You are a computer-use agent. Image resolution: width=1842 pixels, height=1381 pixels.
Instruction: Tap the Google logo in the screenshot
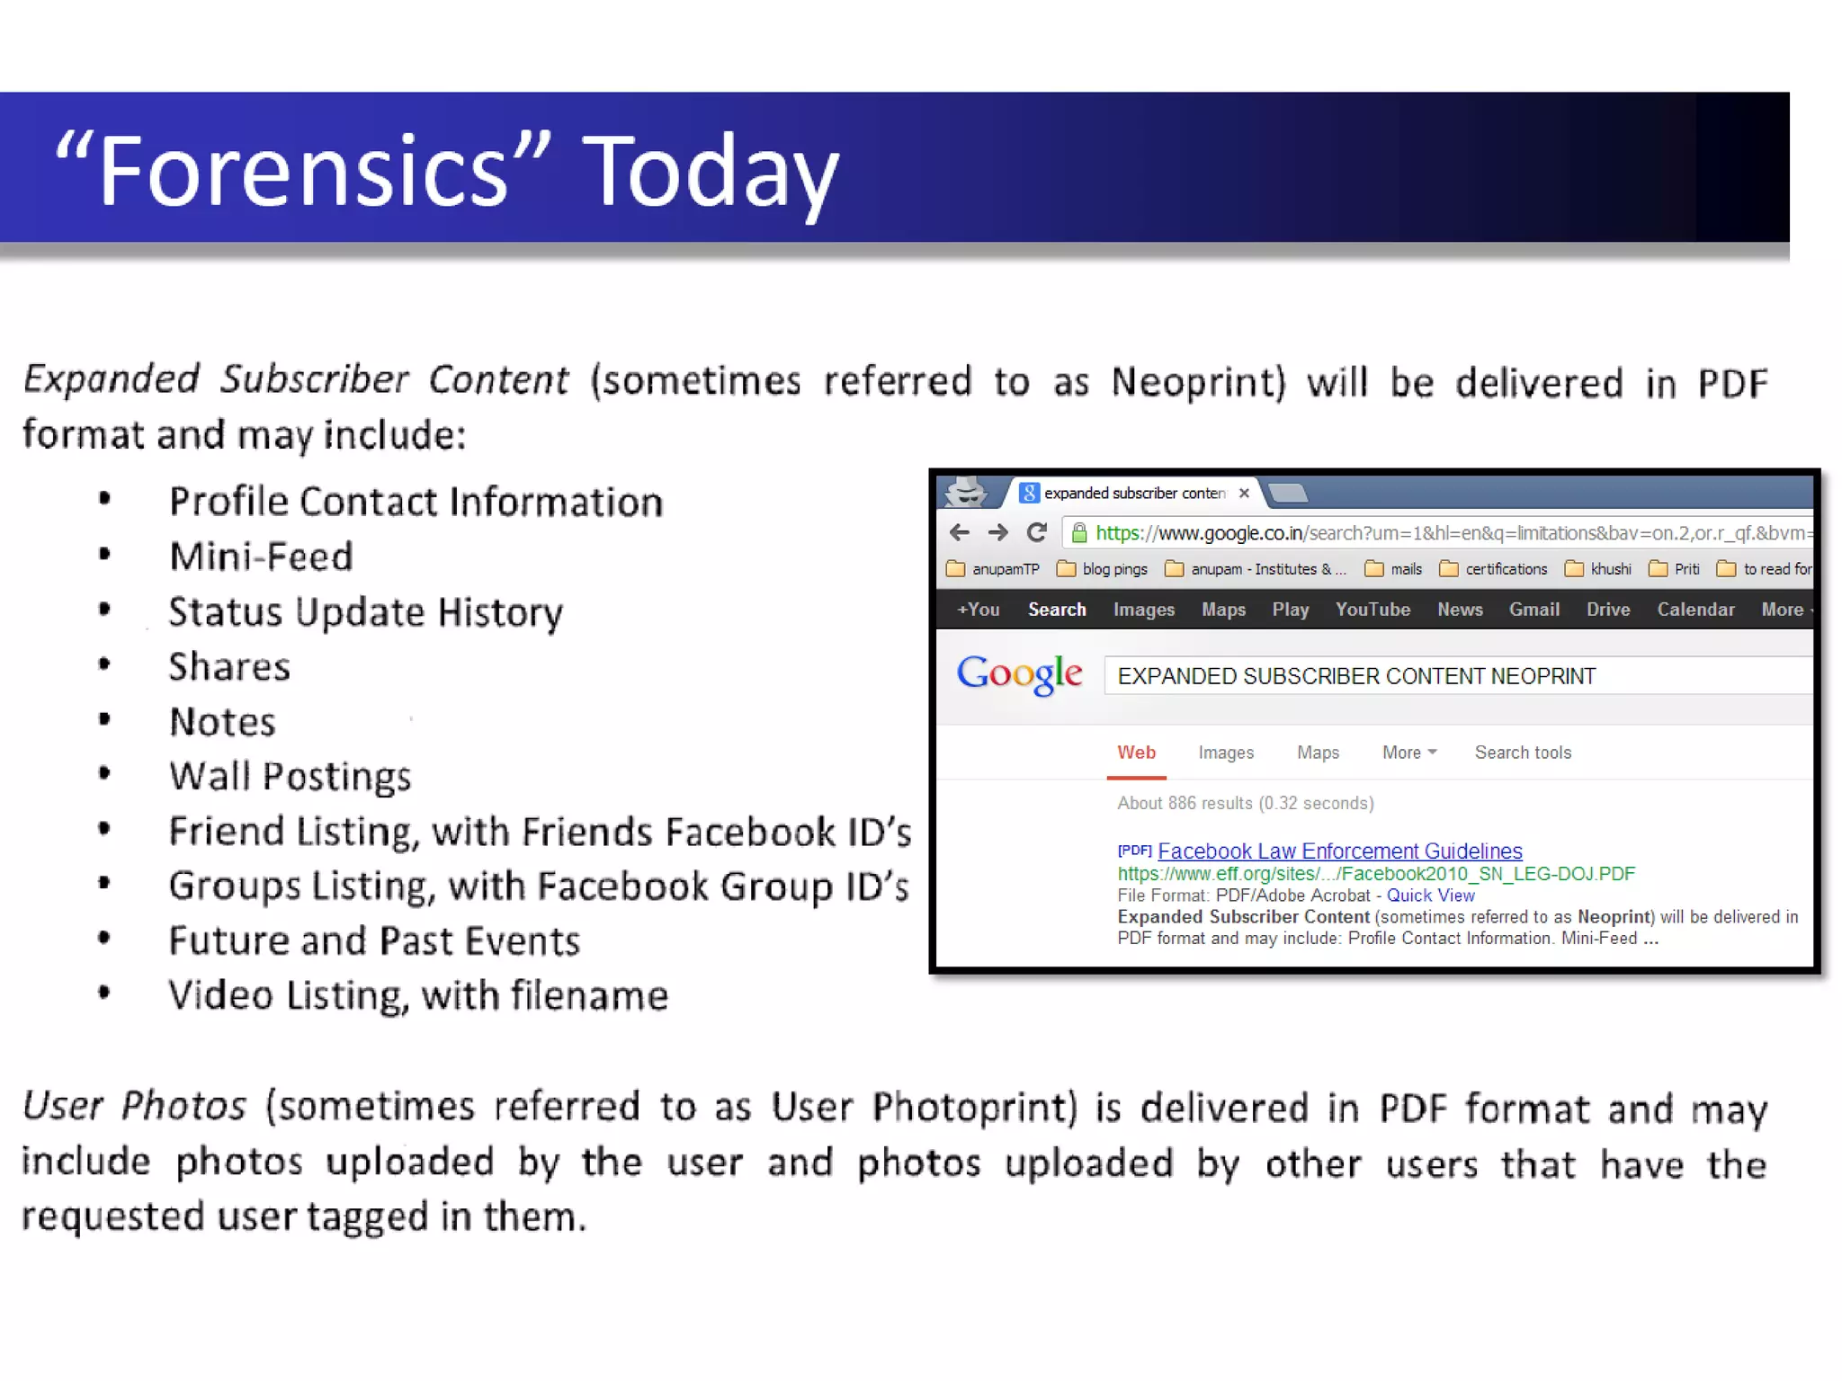(1019, 674)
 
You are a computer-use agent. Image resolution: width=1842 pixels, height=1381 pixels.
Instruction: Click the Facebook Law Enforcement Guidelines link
(1339, 851)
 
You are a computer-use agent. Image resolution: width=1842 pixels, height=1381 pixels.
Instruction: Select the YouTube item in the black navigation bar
(1373, 610)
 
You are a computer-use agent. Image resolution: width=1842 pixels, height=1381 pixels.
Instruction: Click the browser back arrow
(960, 532)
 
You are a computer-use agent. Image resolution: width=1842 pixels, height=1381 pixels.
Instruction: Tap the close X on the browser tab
(1244, 493)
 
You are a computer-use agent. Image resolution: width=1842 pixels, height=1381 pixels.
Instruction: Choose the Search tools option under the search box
(1523, 753)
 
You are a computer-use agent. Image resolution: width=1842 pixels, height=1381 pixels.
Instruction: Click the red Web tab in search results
(1136, 753)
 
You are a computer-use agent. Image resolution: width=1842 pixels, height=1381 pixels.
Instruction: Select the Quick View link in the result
(1430, 895)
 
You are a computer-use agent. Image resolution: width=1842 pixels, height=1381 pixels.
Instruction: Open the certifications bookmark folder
(1506, 569)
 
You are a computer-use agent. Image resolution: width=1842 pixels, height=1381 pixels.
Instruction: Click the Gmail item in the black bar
(1534, 610)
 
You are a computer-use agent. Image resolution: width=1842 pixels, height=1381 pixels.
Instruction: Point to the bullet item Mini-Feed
(261, 557)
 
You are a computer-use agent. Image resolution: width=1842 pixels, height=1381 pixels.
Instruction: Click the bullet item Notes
(222, 722)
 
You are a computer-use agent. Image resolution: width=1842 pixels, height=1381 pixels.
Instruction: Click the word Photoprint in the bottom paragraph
(974, 1107)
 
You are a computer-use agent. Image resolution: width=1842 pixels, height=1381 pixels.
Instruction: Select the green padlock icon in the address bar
(1079, 533)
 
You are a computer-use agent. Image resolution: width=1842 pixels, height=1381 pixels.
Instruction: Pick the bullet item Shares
(229, 667)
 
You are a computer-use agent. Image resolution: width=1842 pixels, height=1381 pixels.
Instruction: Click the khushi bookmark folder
(1610, 569)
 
